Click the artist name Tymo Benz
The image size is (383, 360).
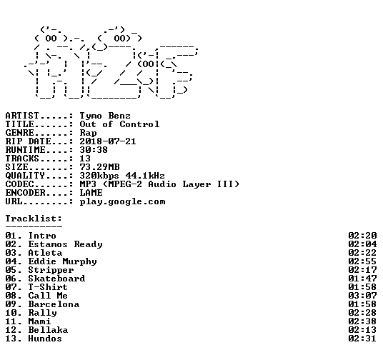105,116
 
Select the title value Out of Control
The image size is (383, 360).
119,124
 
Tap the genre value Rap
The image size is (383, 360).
88,133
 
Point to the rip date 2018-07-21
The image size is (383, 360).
108,141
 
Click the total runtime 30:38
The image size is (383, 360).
94,150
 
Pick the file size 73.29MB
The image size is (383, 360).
99,167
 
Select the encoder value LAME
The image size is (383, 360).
91,193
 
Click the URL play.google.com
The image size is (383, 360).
123,201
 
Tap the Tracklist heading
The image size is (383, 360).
34,219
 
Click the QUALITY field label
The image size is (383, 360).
25,176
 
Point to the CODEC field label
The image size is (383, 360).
19,184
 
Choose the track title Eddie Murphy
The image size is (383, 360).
63,261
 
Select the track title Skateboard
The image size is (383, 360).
56,279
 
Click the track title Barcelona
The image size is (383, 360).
54,304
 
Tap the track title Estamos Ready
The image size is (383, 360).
66,244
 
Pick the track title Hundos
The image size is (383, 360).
45,339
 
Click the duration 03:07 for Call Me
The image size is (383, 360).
362,296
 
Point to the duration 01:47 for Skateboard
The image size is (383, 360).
362,279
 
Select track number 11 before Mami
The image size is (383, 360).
11,321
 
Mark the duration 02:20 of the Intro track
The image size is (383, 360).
362,236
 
